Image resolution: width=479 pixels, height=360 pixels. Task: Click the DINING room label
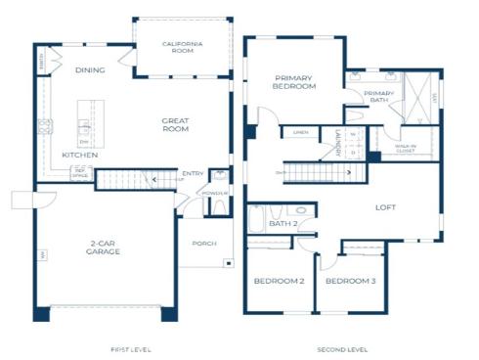coord(90,70)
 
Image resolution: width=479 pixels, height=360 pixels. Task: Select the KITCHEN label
coord(80,155)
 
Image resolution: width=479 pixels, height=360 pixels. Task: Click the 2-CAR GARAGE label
coord(103,248)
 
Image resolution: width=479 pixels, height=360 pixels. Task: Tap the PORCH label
coord(204,244)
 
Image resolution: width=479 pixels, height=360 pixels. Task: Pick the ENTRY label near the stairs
coord(193,174)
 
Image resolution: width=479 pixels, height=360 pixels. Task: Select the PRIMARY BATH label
coord(378,97)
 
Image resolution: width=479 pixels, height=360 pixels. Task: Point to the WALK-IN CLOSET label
coord(406,149)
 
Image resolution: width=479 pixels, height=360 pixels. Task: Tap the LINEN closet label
coord(300,132)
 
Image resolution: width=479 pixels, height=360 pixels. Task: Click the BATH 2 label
coord(283,224)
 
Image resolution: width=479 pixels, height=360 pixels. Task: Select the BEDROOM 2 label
coord(279,281)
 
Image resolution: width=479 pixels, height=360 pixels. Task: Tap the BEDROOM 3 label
coord(349,281)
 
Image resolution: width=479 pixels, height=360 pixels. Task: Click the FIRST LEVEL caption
coord(130,348)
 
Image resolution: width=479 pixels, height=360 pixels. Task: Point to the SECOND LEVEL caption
coord(341,348)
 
